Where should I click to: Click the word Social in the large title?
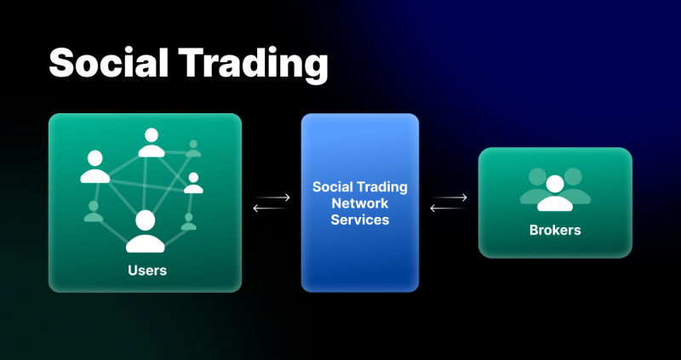point(109,62)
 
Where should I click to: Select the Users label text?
point(147,271)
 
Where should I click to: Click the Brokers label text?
point(555,230)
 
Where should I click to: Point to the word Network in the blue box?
point(360,203)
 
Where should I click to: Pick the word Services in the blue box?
point(360,220)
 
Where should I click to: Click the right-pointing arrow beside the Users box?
point(273,197)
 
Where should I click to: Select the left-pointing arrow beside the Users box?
point(270,208)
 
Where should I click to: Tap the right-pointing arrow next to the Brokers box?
point(450,197)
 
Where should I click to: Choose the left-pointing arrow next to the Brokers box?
point(448,208)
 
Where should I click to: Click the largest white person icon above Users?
point(145,231)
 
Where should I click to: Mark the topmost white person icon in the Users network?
point(152,142)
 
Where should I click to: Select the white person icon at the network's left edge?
point(95,166)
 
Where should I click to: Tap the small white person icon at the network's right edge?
point(193,183)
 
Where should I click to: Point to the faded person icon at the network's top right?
point(193,148)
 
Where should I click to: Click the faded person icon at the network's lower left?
point(94,211)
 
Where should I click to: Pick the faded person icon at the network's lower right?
point(188,221)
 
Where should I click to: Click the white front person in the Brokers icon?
point(555,193)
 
